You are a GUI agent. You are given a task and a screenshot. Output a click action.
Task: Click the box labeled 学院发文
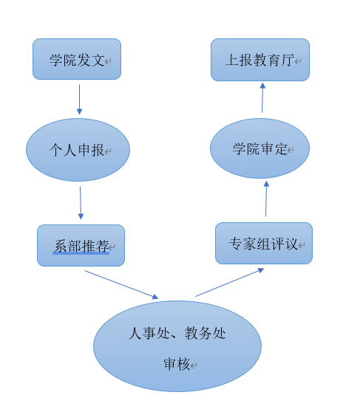point(77,59)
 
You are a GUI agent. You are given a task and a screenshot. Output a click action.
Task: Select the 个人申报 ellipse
point(78,150)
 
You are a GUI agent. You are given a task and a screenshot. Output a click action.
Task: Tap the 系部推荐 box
point(81,245)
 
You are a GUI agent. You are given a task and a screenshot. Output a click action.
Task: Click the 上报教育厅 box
point(260,60)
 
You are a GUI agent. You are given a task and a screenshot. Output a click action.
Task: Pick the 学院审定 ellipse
point(259,148)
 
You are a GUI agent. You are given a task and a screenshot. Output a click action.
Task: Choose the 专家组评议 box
point(264,244)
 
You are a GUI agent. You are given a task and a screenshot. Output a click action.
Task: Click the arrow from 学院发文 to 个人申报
point(79,100)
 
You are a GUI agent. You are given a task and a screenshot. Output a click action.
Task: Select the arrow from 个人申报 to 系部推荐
point(81,203)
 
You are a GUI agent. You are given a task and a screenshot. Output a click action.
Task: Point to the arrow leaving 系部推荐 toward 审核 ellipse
point(121,284)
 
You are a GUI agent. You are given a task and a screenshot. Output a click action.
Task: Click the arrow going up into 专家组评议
point(230,282)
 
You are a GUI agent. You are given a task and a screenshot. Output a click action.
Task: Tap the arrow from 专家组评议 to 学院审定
point(266,199)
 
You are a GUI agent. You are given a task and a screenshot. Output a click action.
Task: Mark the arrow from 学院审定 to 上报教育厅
point(262,97)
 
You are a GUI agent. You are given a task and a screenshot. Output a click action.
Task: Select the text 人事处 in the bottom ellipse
point(149,333)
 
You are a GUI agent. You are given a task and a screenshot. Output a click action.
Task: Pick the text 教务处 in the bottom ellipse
point(206,333)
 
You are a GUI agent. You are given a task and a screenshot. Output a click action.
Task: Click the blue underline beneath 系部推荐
point(81,253)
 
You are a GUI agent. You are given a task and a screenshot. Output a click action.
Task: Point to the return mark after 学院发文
point(108,62)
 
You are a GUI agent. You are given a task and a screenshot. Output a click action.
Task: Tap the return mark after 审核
point(194,365)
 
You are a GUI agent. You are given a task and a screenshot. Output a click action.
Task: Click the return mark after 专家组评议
point(302,245)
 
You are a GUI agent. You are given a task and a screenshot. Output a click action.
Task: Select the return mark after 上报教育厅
point(298,62)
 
